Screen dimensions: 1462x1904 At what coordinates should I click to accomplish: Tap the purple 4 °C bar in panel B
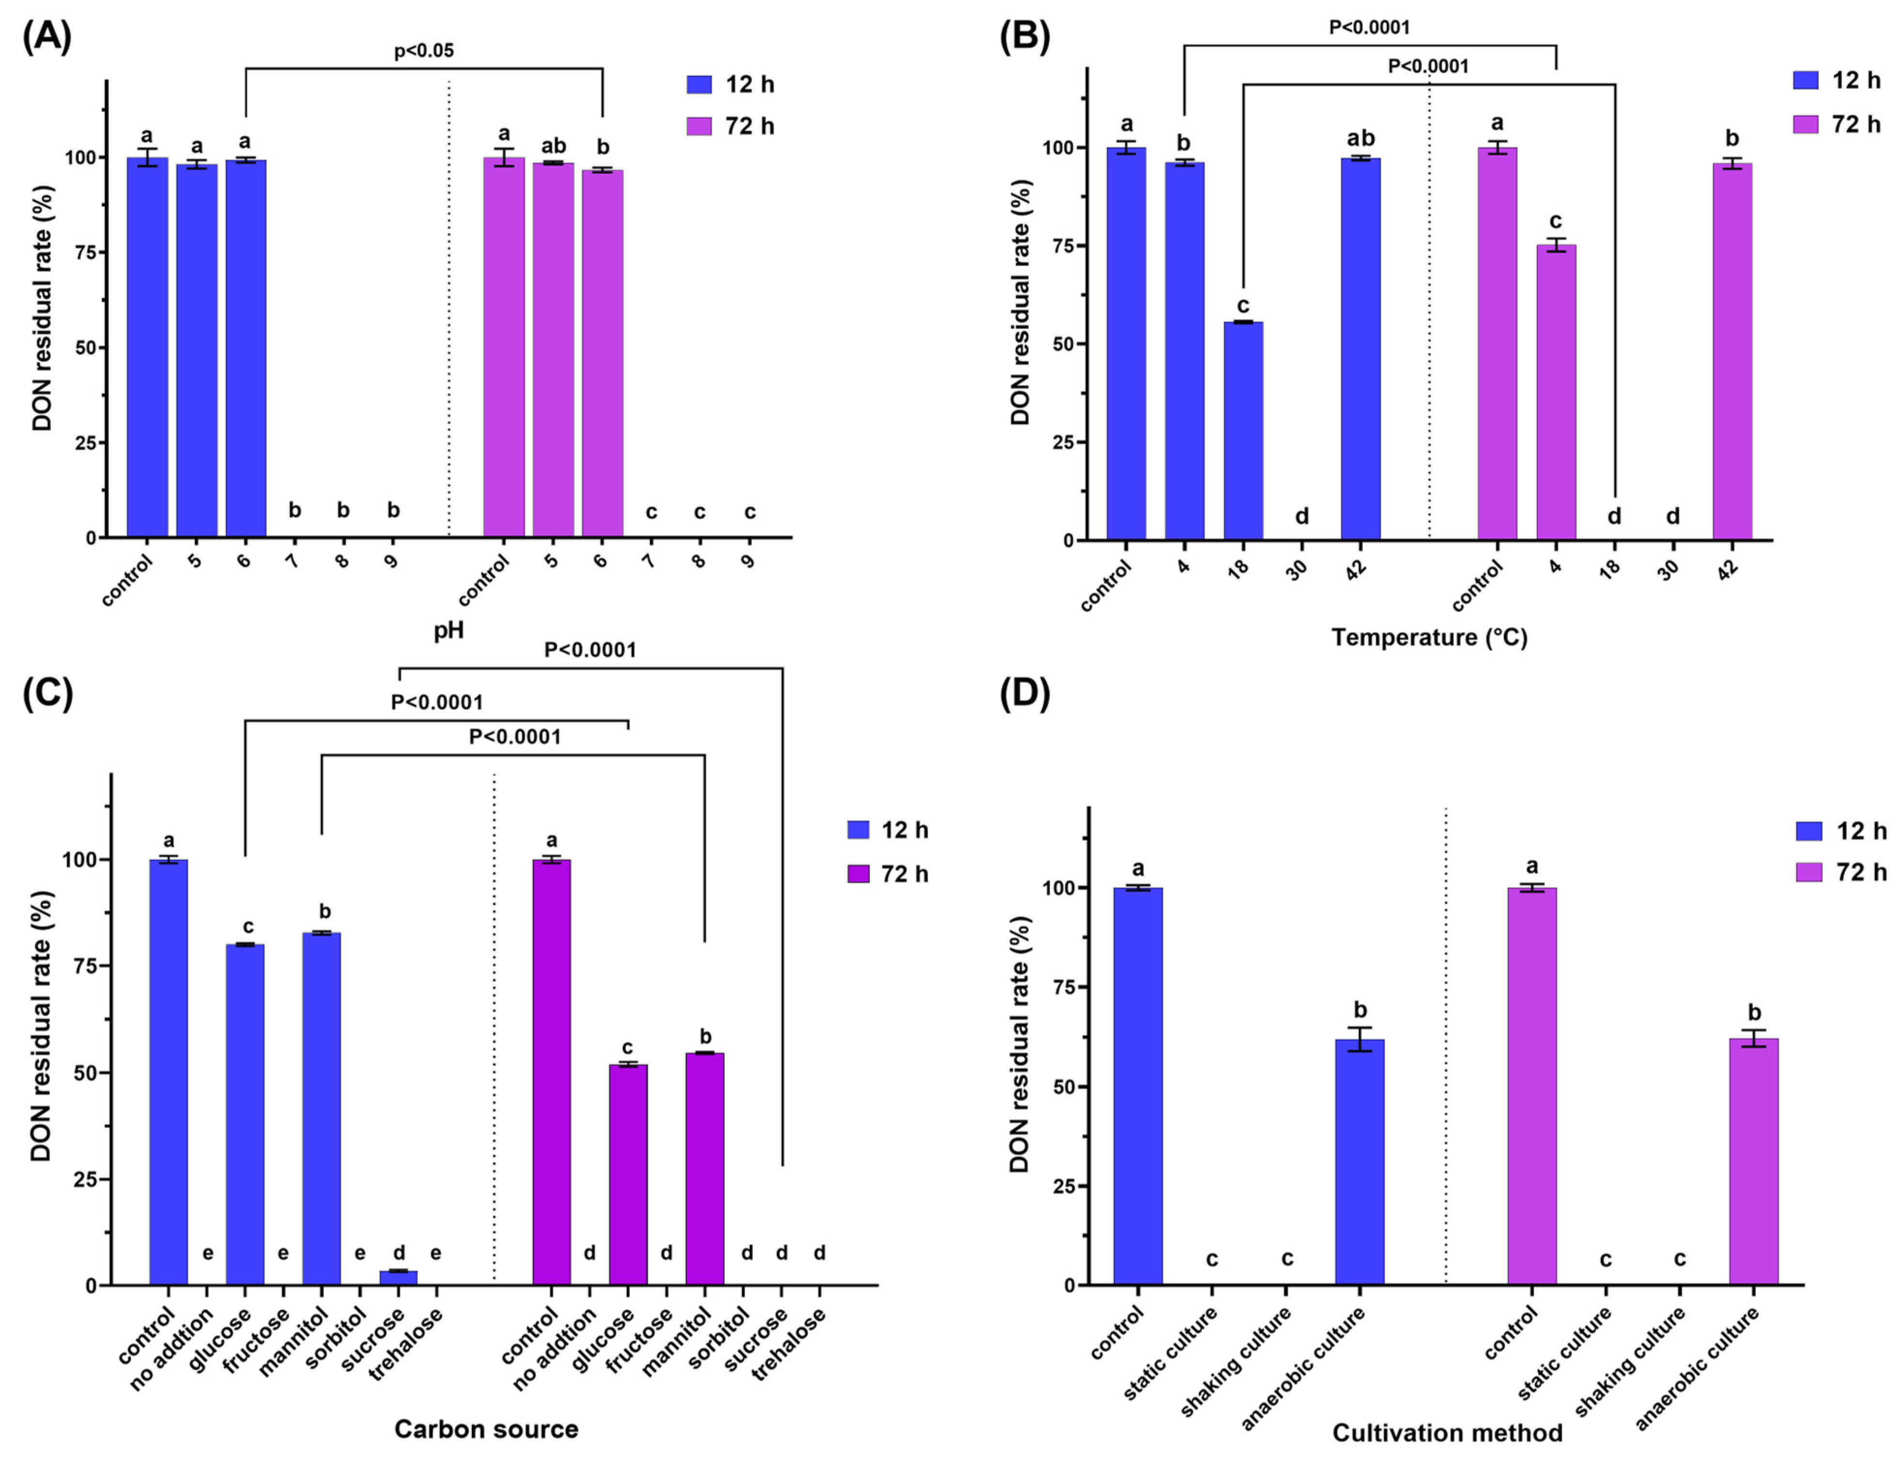(x=1555, y=391)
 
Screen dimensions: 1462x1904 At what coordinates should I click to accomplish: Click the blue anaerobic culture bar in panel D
(x=1359, y=1162)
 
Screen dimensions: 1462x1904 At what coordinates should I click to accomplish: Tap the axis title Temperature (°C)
(x=1429, y=638)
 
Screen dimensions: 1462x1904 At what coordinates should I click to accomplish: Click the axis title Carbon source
(x=486, y=1429)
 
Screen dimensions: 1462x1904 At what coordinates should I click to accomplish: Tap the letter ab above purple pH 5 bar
(x=553, y=145)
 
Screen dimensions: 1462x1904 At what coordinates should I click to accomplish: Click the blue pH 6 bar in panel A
(x=246, y=348)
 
